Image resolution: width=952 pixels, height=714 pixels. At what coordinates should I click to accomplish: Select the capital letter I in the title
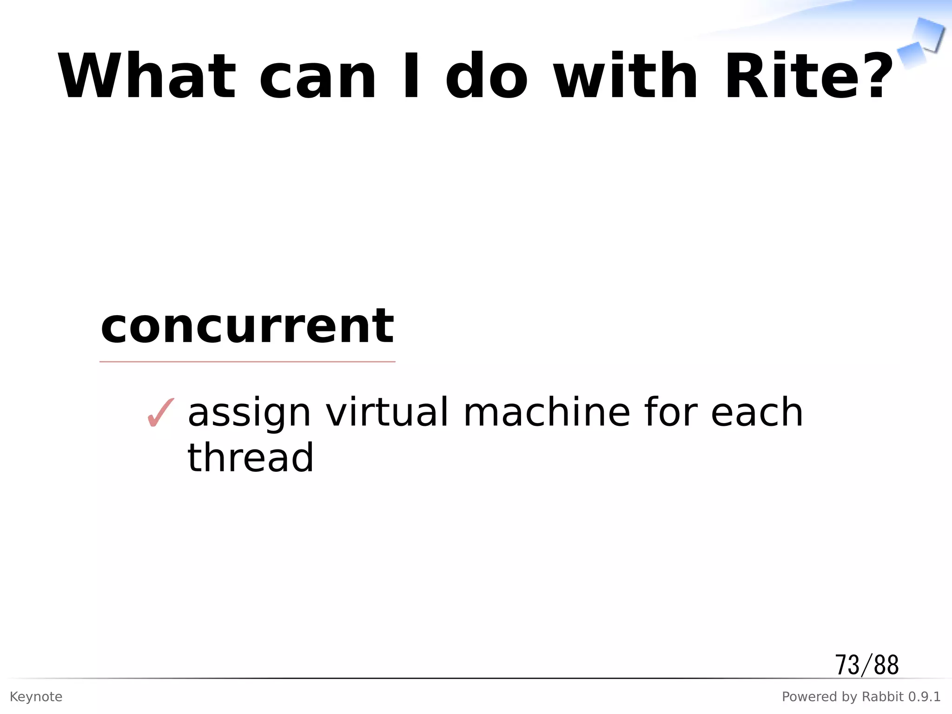tap(411, 77)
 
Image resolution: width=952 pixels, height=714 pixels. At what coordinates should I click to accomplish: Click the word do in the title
tap(486, 77)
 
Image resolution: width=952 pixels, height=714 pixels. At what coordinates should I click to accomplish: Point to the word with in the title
tap(626, 77)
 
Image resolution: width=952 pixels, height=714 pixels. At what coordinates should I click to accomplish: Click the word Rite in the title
tap(780, 77)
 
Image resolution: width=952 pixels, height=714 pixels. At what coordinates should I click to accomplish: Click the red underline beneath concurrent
tap(247, 361)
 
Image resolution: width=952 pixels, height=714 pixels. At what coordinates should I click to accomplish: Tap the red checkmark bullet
tap(160, 412)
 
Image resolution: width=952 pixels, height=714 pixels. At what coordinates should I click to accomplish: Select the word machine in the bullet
tap(547, 412)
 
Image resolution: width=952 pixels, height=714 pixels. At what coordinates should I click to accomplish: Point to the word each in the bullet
tap(757, 412)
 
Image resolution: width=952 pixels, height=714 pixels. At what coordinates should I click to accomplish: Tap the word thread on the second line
tap(251, 457)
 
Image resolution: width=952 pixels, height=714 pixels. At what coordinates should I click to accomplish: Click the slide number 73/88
tap(867, 665)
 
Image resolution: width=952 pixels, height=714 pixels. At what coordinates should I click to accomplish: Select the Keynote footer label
tap(36, 697)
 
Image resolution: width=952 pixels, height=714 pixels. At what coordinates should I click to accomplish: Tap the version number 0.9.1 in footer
tap(924, 697)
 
